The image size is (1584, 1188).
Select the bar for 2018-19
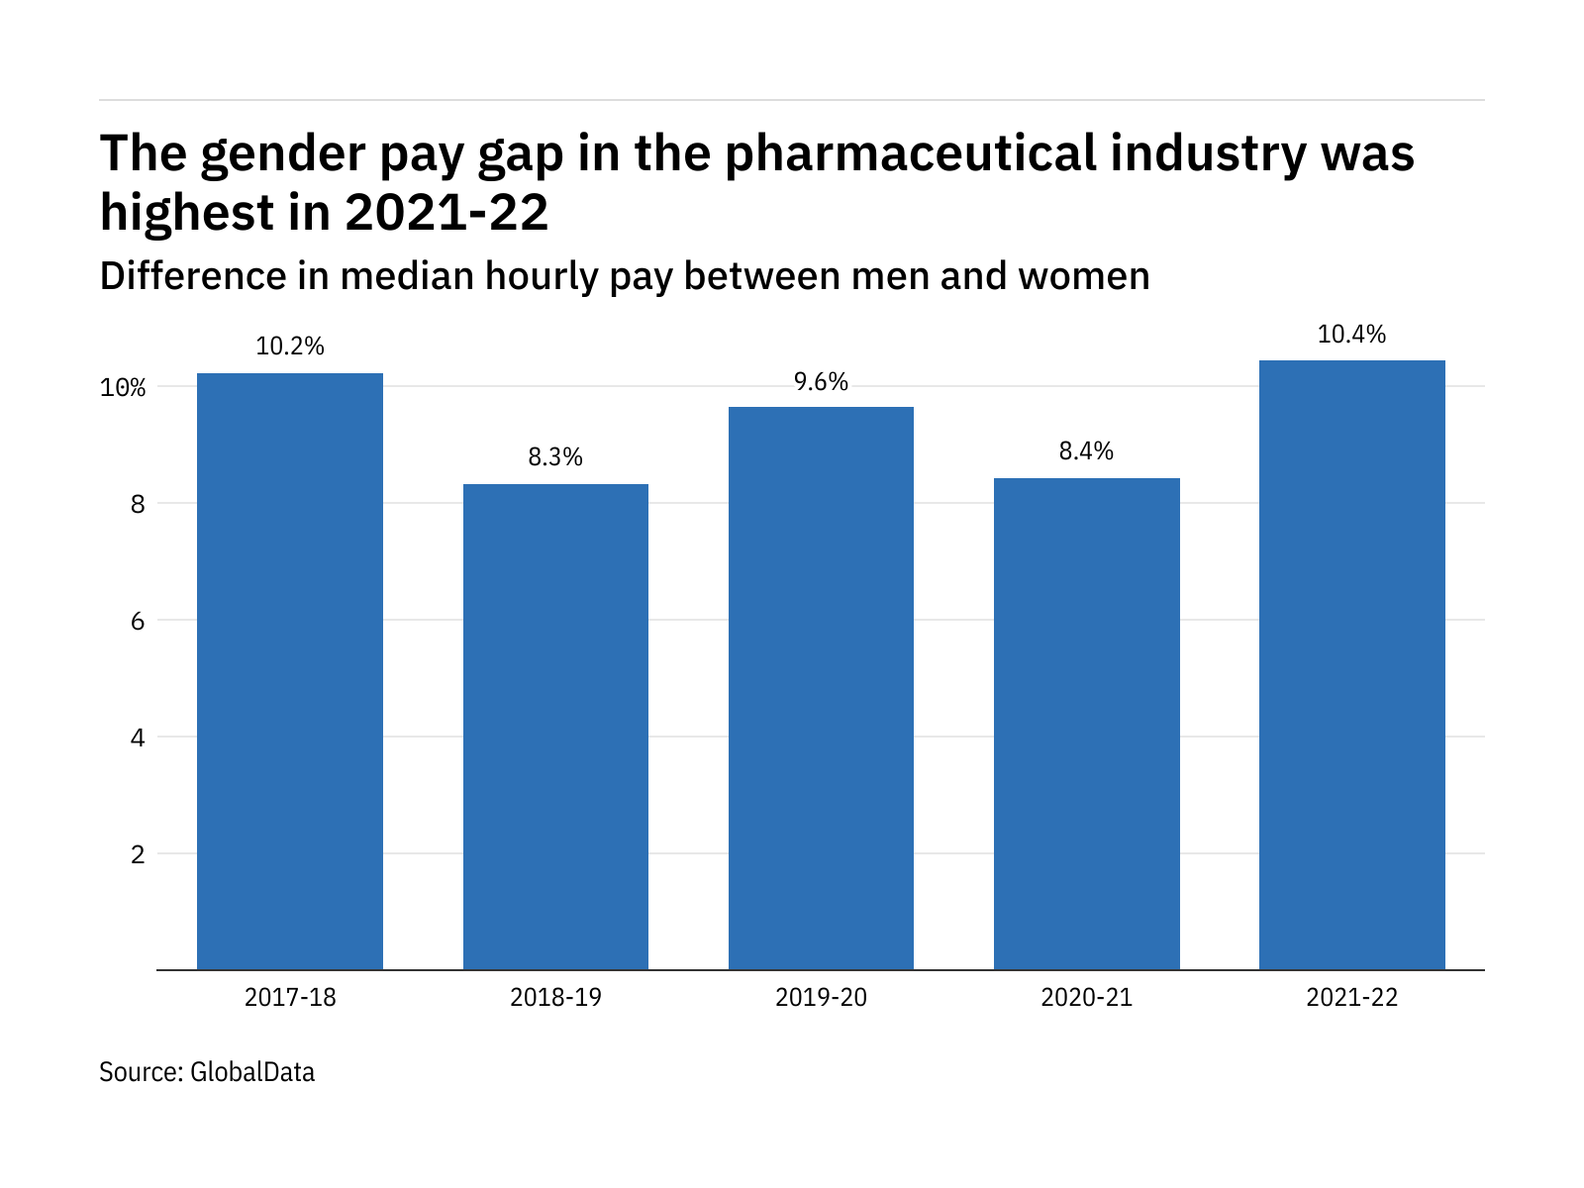(x=555, y=727)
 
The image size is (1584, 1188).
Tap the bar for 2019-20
(x=821, y=688)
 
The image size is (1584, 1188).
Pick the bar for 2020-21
(x=1086, y=724)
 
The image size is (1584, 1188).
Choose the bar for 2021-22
(x=1351, y=665)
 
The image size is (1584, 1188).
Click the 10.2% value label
(x=290, y=346)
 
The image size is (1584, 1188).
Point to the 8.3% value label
(x=555, y=457)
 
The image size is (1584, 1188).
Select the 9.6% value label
(x=821, y=382)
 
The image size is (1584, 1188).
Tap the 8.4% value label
(x=1086, y=451)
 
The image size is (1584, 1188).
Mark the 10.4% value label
(x=1351, y=335)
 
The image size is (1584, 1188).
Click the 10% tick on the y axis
(x=123, y=387)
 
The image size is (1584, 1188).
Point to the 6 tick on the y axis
(x=138, y=621)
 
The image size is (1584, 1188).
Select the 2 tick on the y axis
(x=138, y=854)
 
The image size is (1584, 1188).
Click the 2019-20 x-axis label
(x=821, y=997)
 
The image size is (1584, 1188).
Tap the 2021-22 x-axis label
(x=1351, y=997)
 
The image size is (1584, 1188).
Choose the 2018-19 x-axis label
(x=555, y=997)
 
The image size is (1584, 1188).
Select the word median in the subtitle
(x=407, y=276)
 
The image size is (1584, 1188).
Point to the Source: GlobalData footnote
(x=207, y=1072)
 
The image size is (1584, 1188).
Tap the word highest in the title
(x=187, y=213)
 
